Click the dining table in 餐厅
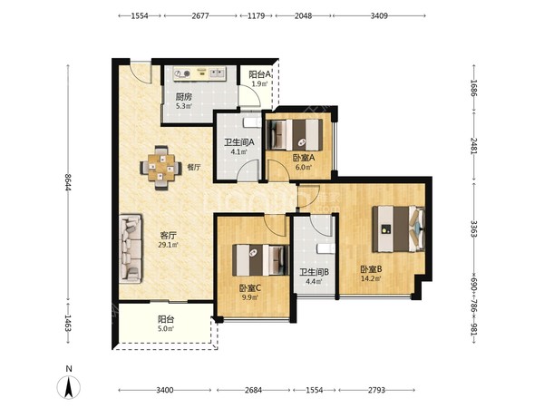point(160,168)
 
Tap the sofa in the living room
point(131,248)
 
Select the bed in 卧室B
point(398,229)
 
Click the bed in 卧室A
point(296,135)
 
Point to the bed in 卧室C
point(260,260)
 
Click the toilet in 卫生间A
point(252,122)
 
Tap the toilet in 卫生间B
point(326,248)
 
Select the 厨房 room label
point(183,97)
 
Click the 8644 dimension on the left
point(68,182)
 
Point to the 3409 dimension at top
point(379,15)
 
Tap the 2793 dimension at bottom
point(376,390)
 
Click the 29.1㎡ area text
point(168,245)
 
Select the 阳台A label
point(260,74)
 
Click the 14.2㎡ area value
point(371,278)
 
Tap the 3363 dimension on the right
point(473,228)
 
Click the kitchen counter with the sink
point(199,73)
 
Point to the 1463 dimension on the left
point(68,323)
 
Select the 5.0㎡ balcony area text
point(166,328)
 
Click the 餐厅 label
point(194,167)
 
